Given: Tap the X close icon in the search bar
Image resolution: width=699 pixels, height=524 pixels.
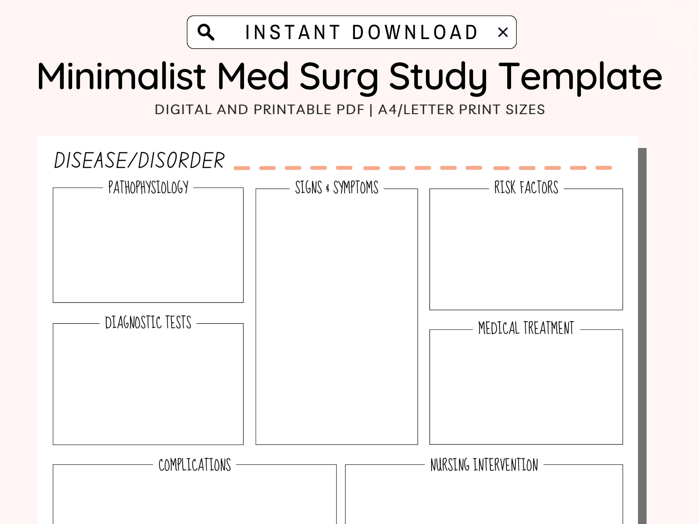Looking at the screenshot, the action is click(x=503, y=32).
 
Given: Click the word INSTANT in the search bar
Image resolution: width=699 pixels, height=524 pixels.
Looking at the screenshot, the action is click(x=293, y=32).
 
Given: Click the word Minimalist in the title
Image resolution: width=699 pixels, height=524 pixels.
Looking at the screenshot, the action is click(x=122, y=76).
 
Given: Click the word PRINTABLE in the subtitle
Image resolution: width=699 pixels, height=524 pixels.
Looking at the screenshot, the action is click(x=309, y=110).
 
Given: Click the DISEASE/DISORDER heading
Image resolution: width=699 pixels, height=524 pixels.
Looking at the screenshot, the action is click(x=139, y=160).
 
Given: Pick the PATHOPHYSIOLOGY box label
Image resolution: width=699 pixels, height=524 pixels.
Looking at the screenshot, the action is click(x=148, y=187).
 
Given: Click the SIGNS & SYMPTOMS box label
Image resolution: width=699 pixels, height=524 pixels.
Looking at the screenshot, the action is click(x=337, y=187).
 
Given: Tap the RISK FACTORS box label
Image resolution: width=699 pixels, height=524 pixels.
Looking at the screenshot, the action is click(x=526, y=187).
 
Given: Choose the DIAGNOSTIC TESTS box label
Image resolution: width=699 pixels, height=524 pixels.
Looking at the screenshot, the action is click(x=148, y=322).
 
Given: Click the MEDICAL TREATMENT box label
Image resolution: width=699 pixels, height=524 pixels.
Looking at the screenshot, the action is click(x=526, y=328).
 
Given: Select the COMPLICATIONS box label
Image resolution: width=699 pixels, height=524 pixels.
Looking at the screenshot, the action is click(x=195, y=465).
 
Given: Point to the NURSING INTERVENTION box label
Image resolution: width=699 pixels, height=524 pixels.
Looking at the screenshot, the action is click(x=484, y=465).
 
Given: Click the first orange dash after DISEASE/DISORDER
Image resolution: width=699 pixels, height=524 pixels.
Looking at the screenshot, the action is click(x=242, y=168).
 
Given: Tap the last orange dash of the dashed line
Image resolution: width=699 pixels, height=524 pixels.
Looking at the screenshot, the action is click(x=603, y=168).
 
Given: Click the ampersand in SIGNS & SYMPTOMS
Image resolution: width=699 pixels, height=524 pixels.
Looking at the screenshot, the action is click(x=327, y=189).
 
